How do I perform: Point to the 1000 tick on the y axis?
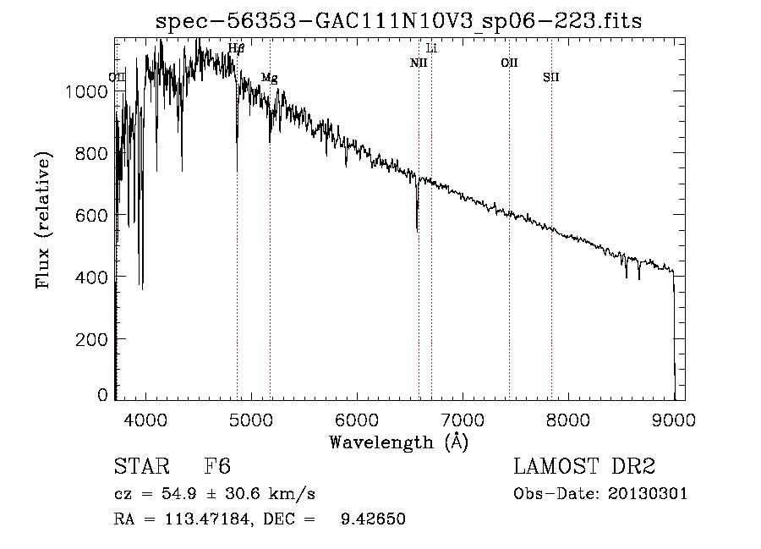(85, 91)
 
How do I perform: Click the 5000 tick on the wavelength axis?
(250, 420)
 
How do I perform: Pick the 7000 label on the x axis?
(462, 420)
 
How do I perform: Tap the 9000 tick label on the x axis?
(674, 420)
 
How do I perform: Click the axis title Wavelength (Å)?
(398, 442)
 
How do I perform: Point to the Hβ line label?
(236, 49)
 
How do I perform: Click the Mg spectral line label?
(269, 78)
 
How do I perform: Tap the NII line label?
(419, 63)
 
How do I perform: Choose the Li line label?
(431, 49)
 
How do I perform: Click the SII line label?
(550, 78)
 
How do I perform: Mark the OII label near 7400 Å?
(509, 63)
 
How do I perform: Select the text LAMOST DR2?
(584, 467)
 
